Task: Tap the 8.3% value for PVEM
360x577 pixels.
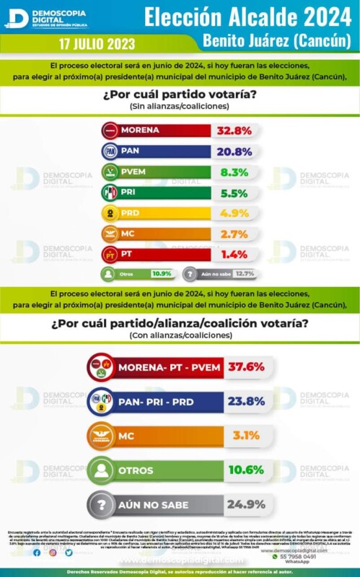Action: click(234, 172)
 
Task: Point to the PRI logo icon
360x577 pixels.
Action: click(111, 193)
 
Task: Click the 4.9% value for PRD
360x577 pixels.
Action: click(234, 213)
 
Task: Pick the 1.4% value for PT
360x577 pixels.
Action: click(234, 255)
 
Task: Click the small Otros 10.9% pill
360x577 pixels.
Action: click(137, 274)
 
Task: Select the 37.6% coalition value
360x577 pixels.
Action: click(245, 367)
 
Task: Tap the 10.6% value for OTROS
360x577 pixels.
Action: click(245, 470)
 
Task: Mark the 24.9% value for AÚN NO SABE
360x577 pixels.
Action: click(245, 505)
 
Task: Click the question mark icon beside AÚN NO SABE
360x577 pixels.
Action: click(101, 505)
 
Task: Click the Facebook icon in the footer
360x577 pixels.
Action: click(37, 552)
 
